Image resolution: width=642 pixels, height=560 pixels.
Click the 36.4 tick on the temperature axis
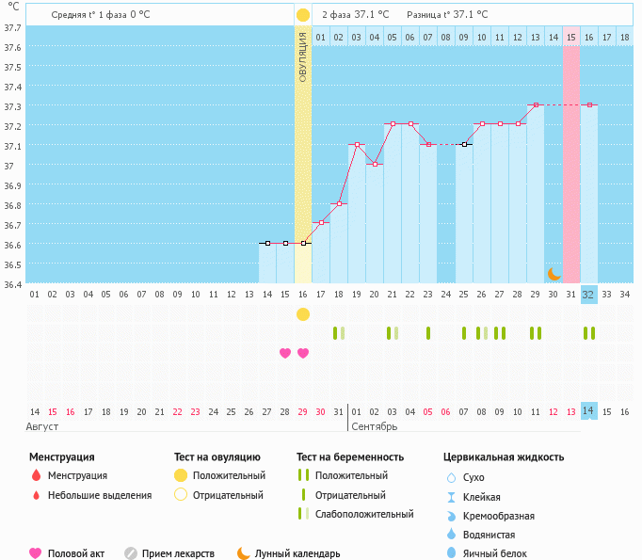[x=13, y=284]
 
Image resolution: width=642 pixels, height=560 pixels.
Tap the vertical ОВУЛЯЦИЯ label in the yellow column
[x=303, y=56]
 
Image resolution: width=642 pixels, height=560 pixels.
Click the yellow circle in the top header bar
[x=303, y=15]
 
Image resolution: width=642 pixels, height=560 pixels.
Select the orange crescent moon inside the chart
[x=554, y=273]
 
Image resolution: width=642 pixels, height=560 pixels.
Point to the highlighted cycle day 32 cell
[x=588, y=295]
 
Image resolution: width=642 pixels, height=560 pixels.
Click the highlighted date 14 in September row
[x=588, y=411]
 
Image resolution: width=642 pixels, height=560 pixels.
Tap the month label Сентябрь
[x=374, y=426]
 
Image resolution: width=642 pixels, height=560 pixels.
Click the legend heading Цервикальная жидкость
[x=504, y=457]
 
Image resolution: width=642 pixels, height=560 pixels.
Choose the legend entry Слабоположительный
[x=364, y=515]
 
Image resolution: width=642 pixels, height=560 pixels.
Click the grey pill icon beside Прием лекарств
[x=131, y=554]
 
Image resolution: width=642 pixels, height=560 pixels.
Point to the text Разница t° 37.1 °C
[x=447, y=15]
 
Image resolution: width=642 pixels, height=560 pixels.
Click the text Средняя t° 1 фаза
[x=88, y=15]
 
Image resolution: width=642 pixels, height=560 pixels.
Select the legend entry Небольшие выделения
[x=100, y=495]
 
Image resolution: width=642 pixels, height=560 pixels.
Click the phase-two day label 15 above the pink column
[x=570, y=38]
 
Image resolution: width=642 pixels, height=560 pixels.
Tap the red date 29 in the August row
[x=303, y=411]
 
